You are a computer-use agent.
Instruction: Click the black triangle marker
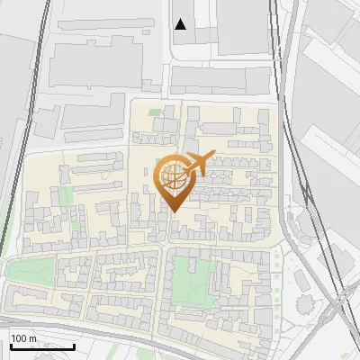(x=181, y=24)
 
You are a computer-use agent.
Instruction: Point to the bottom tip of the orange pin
(x=175, y=212)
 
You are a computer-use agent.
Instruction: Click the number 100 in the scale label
(x=21, y=338)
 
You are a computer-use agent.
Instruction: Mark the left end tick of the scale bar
(x=10, y=346)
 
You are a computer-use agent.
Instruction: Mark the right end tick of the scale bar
(x=75, y=346)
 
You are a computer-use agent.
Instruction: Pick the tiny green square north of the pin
(x=154, y=112)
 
